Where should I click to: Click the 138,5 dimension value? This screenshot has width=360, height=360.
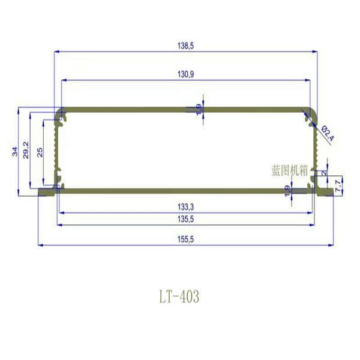point(185,46)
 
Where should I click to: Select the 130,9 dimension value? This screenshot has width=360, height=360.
point(185,74)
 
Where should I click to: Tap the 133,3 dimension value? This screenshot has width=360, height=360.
point(185,207)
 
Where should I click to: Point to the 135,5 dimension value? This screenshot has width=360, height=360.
point(185,219)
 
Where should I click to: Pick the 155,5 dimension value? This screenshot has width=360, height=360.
point(185,239)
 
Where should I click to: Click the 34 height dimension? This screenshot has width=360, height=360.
point(15,152)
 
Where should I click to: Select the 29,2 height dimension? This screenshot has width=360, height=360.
point(26,150)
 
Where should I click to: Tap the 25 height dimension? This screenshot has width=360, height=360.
point(40,152)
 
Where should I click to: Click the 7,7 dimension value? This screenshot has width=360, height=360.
point(338,186)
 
